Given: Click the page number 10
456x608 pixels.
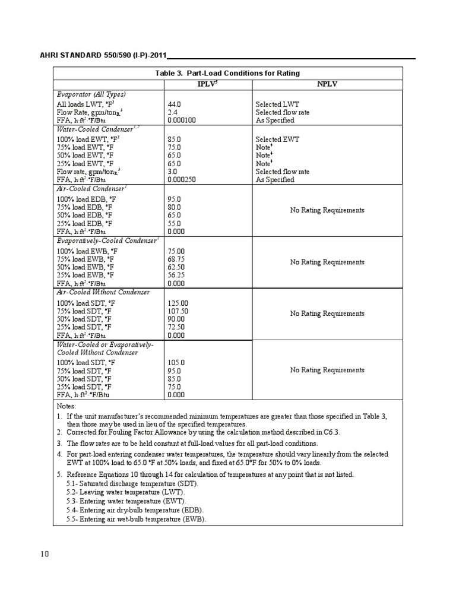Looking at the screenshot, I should pos(44,554).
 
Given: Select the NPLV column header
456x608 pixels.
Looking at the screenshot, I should pos(327,84).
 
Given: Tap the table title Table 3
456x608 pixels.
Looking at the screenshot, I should pos(227,73).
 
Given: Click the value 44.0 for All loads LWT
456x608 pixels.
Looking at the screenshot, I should pos(174,104).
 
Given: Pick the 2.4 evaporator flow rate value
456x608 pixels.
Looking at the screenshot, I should pos(172,112).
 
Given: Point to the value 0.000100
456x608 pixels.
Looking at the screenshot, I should pos(182,121).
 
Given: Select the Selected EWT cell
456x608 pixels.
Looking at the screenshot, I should pos(277,140).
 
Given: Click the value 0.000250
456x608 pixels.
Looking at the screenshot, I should pos(182,180).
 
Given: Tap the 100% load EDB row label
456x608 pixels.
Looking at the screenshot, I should pos(86,199).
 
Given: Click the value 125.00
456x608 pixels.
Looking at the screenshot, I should pos(178,303).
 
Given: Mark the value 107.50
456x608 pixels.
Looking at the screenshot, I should pos(178,311).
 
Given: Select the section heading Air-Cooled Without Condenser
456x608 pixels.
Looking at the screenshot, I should pos(103,293).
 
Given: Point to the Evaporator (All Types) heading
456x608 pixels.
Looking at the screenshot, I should pos(91,94).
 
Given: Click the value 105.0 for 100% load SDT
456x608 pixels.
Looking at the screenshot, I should pos(176,362).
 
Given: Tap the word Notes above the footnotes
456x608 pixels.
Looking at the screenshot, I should pos(67,406).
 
